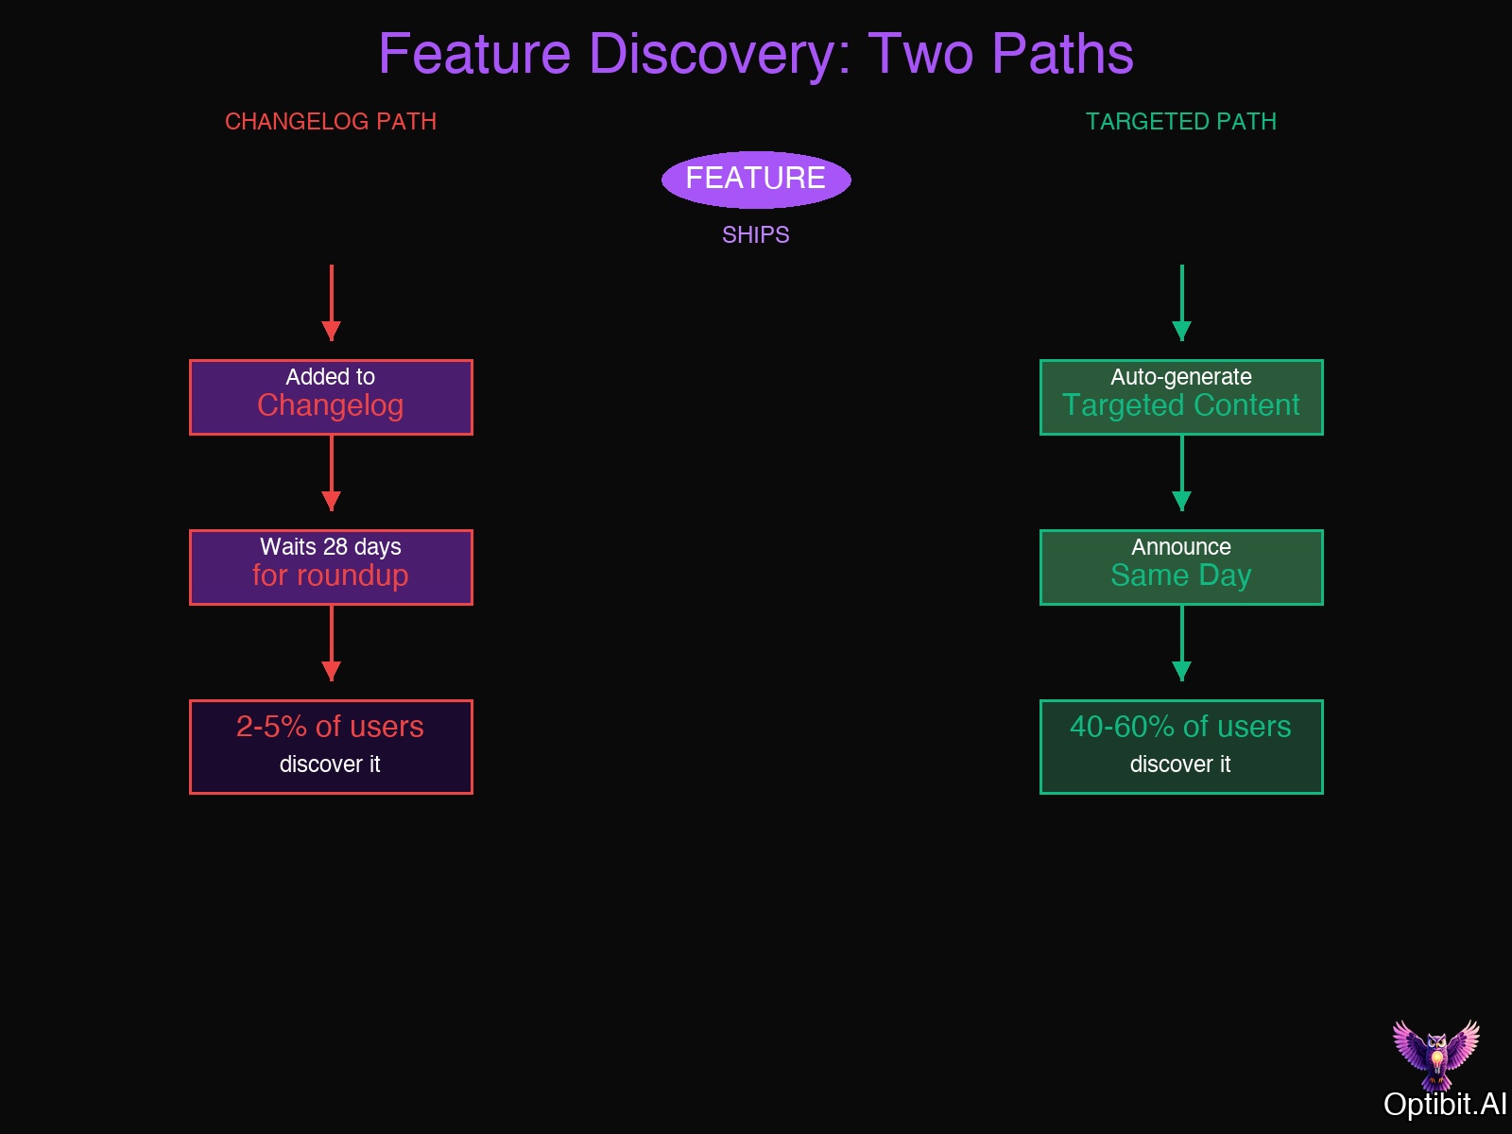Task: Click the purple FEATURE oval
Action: (756, 180)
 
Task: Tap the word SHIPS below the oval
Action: (756, 235)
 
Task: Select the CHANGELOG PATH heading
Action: (331, 122)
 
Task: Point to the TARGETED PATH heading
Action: (1181, 122)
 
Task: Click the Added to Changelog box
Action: (331, 397)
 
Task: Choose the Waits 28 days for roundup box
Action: (331, 567)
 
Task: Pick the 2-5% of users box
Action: (331, 747)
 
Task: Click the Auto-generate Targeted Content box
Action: (1181, 397)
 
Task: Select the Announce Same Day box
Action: (1181, 567)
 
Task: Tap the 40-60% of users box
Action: (1181, 747)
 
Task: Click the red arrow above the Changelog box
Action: (331, 302)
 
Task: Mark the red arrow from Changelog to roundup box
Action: (331, 472)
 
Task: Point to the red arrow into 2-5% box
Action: (331, 643)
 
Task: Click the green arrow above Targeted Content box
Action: (1181, 302)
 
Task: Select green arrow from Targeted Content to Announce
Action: (1181, 472)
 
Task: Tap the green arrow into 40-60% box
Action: (1181, 643)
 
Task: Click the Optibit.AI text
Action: (1445, 1104)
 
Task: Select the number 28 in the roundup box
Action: (335, 547)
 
